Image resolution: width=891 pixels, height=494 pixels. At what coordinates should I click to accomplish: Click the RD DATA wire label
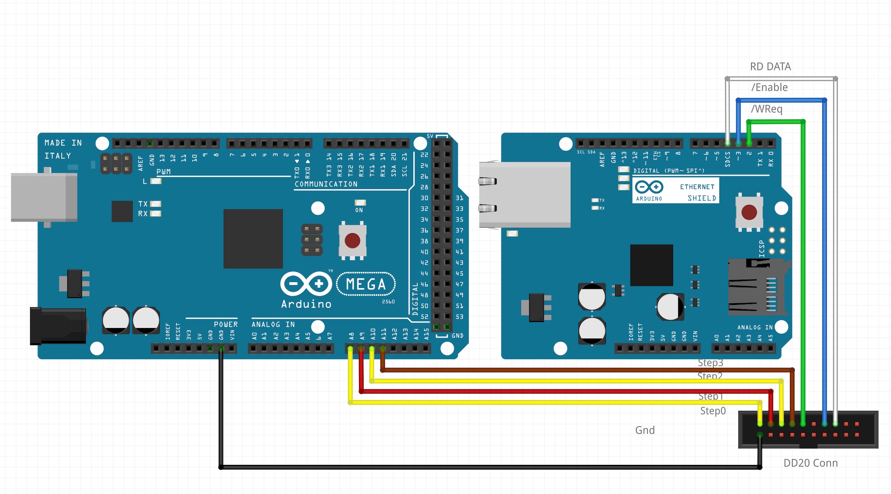click(770, 66)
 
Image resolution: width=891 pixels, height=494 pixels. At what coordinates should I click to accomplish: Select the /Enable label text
click(769, 87)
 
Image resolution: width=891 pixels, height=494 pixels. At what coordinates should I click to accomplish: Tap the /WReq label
click(767, 109)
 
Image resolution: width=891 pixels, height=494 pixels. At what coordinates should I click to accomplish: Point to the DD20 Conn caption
click(810, 463)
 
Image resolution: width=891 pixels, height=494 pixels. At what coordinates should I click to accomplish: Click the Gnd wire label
click(645, 430)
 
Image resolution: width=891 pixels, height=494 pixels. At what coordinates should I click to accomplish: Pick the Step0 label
click(713, 411)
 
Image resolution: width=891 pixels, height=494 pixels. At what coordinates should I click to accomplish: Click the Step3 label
click(710, 363)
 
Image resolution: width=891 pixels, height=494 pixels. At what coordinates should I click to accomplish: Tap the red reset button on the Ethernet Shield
click(749, 212)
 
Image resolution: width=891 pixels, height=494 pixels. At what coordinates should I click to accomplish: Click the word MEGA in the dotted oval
click(366, 284)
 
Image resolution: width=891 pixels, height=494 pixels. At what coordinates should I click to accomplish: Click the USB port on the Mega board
click(44, 197)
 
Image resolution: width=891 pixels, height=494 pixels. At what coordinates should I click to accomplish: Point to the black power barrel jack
click(58, 326)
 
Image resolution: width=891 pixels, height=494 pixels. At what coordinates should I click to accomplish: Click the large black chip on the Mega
click(253, 238)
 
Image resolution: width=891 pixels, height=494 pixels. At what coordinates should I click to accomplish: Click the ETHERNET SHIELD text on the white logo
click(697, 193)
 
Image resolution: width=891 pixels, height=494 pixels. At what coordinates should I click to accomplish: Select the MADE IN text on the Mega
click(63, 143)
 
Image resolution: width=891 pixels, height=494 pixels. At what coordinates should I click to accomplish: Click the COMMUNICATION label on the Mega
click(326, 184)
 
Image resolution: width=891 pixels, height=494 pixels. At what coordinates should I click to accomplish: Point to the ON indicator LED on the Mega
click(360, 203)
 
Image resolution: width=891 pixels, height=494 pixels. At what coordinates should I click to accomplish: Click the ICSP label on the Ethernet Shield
click(761, 249)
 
